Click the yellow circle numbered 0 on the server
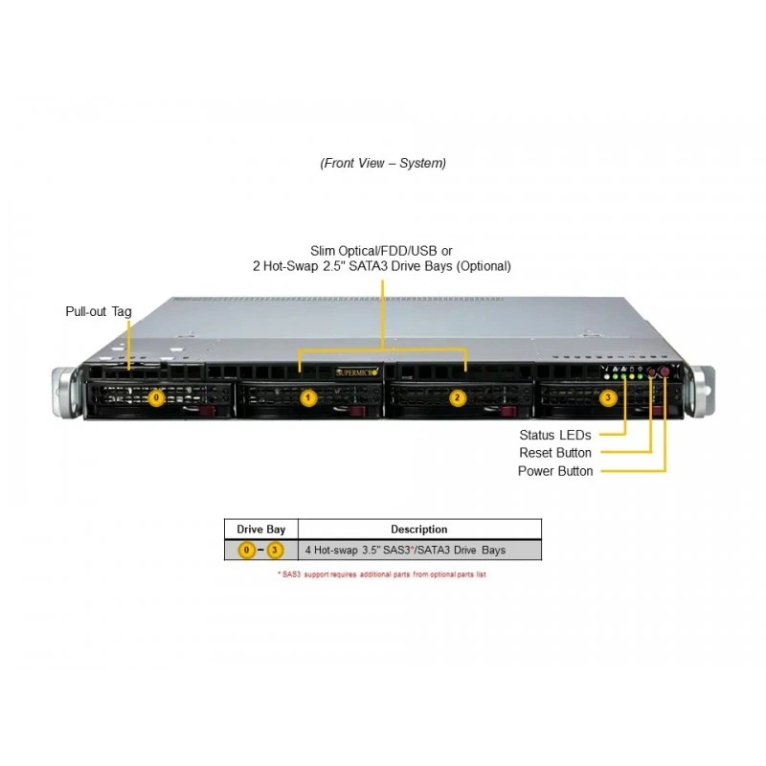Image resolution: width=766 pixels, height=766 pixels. point(156,397)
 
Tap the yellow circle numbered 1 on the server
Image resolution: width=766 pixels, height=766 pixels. point(307,397)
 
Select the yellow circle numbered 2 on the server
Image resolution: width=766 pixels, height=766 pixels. point(458,397)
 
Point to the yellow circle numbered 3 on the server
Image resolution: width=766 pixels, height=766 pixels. point(608,397)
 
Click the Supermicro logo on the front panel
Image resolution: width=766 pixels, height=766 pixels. point(357,372)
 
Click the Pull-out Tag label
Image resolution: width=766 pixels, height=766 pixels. point(99,312)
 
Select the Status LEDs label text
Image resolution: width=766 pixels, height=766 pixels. point(555,435)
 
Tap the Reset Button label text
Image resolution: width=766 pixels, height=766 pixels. point(555,453)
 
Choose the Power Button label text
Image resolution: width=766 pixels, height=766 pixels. point(555,471)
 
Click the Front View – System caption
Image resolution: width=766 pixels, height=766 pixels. point(383,163)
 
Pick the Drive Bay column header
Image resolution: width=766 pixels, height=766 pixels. point(260,529)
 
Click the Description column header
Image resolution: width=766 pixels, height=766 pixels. point(419,529)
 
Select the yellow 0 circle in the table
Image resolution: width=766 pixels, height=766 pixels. point(247,550)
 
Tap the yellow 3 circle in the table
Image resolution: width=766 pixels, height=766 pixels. point(275,550)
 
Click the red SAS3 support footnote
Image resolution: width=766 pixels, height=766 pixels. point(382,574)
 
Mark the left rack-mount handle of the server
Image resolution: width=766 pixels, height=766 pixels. point(64,394)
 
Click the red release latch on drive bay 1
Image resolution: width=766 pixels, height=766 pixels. point(357,412)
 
